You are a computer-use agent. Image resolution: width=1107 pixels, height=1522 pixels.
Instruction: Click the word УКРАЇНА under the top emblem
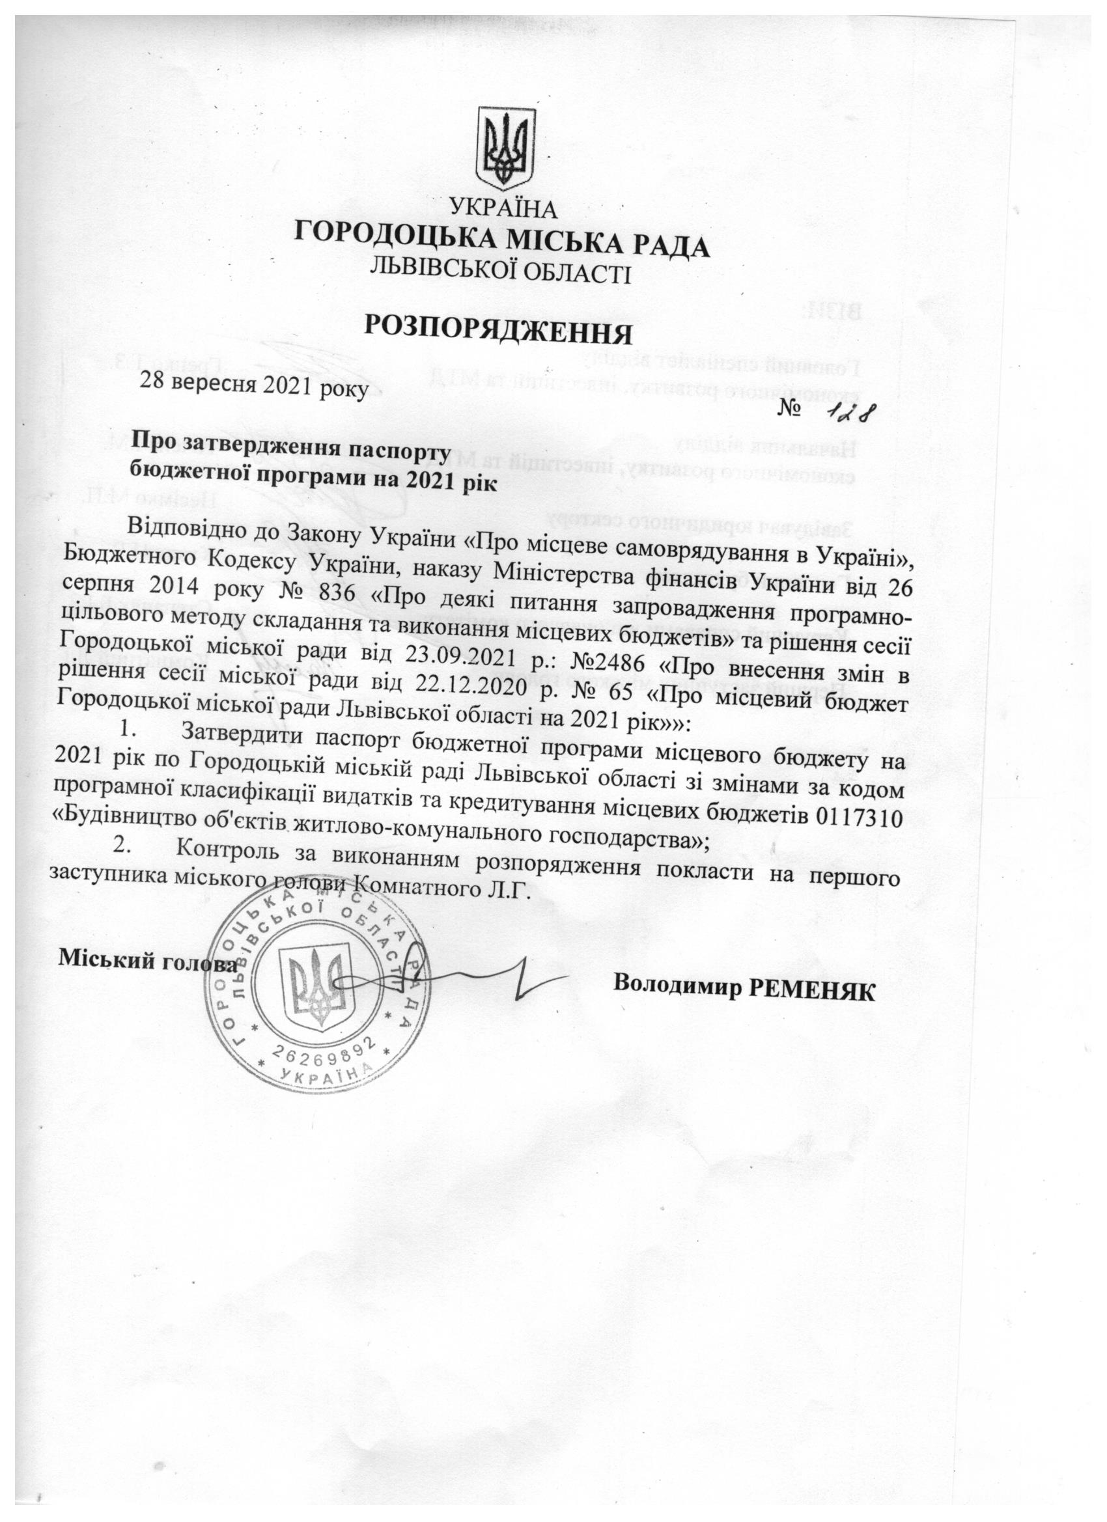click(503, 210)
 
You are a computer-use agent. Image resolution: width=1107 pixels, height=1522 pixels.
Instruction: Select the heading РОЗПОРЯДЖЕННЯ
click(500, 331)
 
